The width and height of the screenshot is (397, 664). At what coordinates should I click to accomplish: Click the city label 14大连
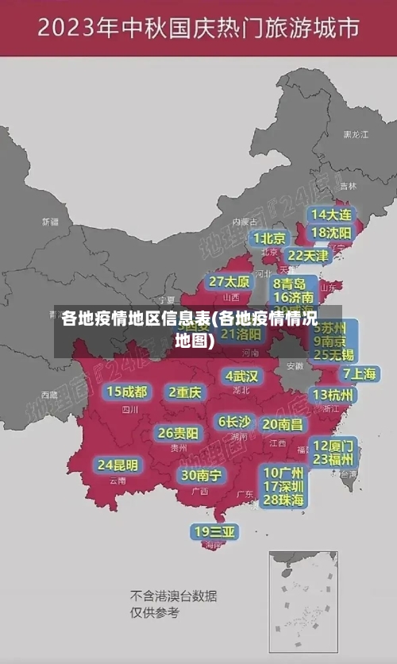coord(331,214)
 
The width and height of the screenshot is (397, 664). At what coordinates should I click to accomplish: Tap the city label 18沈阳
coord(331,233)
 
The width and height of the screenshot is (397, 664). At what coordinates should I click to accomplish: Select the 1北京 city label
coord(270,238)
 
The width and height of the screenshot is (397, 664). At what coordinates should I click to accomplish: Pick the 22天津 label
coord(307,256)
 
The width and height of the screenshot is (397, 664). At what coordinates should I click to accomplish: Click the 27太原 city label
coord(229,282)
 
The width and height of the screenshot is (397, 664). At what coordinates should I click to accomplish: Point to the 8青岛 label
coord(290,284)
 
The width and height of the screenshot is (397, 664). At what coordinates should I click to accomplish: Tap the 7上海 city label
coord(359,374)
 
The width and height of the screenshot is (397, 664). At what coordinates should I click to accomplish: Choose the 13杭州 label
coord(333,395)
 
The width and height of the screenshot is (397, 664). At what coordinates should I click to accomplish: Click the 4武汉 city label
coord(241,376)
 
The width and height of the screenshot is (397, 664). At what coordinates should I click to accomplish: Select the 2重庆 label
coord(185,392)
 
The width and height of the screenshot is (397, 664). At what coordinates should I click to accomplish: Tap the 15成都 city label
coord(126,392)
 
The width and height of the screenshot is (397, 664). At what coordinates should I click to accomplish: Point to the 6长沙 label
coord(234,422)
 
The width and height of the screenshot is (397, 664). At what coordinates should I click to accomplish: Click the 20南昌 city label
coord(282,425)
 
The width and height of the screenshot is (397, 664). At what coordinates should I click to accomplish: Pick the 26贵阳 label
coord(178,433)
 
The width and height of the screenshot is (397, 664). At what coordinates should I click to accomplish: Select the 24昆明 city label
coord(118,465)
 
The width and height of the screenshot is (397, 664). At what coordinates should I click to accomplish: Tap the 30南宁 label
coord(201,475)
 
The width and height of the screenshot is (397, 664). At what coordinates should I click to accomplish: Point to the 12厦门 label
coord(333,446)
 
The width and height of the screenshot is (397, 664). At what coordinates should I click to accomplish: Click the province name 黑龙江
coord(356,135)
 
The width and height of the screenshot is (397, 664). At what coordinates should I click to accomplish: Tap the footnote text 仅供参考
coord(155,612)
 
